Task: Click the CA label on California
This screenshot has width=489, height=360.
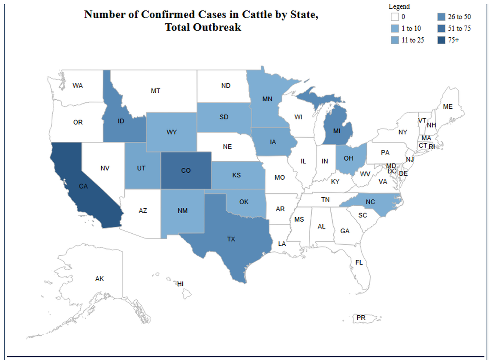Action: pos(83,186)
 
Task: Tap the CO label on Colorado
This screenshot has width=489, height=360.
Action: pos(186,171)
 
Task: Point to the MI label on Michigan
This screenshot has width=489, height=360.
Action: pos(337,130)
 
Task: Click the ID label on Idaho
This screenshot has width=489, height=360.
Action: pos(121,121)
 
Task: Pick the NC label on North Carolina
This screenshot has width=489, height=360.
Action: pos(371,201)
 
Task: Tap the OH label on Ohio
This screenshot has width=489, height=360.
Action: pos(348,158)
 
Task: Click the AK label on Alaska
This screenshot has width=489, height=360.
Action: pos(100,279)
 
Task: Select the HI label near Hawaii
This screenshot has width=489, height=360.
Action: pos(181,284)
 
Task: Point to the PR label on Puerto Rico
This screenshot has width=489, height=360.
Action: pos(361,317)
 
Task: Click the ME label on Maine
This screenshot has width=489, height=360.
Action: pos(447,106)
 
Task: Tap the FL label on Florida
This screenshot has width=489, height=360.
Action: pos(359,262)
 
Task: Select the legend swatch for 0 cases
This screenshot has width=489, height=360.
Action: pos(394,17)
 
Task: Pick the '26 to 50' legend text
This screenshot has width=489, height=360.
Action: pos(460,17)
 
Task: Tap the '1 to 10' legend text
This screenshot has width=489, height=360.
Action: pos(411,29)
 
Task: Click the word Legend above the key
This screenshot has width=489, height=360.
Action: pos(399,6)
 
